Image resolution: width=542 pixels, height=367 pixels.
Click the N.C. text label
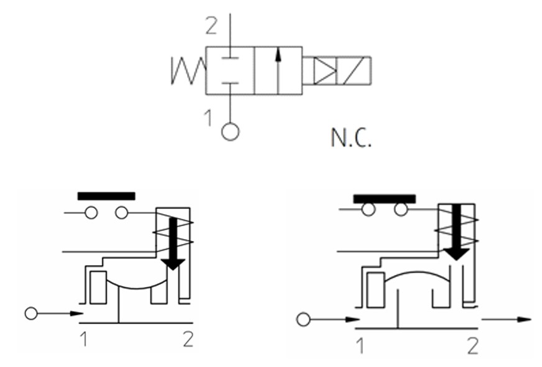(351, 138)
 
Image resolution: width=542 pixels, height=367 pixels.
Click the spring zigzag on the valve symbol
(188, 70)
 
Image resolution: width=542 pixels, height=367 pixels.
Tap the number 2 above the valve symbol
(212, 26)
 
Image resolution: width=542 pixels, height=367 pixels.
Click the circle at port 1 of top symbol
(231, 132)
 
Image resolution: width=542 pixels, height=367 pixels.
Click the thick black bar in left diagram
(106, 196)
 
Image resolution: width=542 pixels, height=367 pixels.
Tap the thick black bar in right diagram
(384, 199)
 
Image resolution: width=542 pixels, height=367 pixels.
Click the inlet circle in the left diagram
(31, 314)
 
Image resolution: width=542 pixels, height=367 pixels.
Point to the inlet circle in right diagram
(303, 320)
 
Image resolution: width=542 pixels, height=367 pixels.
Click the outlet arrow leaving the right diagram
(507, 319)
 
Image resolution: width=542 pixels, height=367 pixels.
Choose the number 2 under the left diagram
(187, 339)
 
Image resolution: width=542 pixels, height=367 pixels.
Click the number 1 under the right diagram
(360, 345)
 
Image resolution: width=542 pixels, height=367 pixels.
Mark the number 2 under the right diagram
(473, 345)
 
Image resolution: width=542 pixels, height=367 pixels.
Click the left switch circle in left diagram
(91, 213)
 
